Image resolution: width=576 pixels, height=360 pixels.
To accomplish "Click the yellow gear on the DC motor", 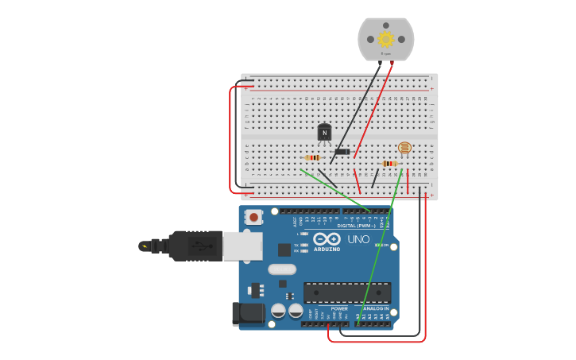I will [386, 39].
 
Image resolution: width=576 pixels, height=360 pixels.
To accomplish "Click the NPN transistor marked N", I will [324, 132].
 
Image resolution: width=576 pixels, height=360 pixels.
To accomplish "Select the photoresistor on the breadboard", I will [404, 148].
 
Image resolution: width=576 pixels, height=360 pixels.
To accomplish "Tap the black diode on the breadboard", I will [342, 152].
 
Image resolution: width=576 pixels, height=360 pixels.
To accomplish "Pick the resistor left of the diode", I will [312, 157].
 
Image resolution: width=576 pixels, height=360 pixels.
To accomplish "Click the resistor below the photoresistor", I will [389, 164].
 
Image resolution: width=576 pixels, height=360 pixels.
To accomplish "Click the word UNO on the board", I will [358, 239].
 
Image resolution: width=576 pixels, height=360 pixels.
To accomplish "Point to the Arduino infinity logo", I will [327, 238].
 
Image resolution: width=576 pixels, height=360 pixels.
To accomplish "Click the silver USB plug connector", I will [242, 246].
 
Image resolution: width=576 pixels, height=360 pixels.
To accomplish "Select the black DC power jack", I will [249, 313].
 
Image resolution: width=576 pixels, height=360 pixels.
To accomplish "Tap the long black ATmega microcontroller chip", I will [346, 292].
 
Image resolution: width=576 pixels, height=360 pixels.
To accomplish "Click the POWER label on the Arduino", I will [339, 308].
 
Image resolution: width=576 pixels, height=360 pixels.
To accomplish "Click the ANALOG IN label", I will [375, 308].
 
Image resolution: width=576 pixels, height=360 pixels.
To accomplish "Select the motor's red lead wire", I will [373, 111].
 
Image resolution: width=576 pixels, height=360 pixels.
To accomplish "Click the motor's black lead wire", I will [356, 111].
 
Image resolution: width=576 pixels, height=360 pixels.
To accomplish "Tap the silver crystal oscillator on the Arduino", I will [282, 269].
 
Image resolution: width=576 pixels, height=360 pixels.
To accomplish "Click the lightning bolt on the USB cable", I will [145, 246].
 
